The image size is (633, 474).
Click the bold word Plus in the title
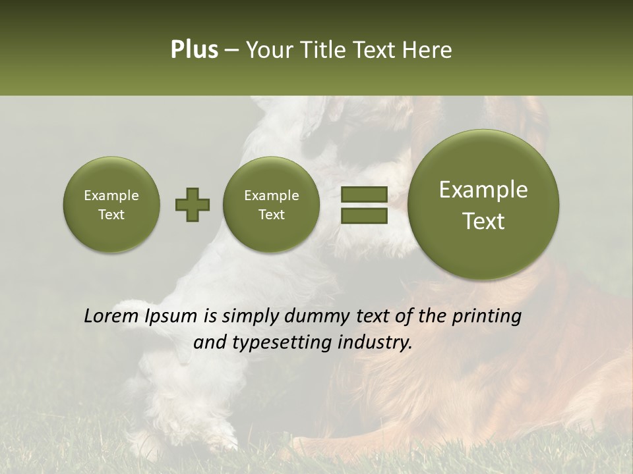pos(194,50)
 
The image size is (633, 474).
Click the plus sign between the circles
pos(193,205)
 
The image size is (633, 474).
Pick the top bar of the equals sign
pos(364,194)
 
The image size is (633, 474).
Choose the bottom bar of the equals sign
pos(364,215)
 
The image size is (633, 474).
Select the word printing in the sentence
pos(487,317)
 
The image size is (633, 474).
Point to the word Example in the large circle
pos(483,190)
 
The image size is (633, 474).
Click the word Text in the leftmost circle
pos(111,215)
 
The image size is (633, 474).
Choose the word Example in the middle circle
pos(272,196)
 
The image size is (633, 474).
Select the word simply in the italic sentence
pos(250,317)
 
